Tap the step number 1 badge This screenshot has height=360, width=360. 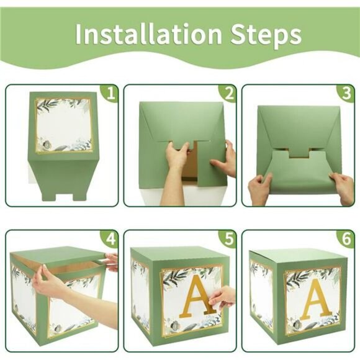(x=111, y=93)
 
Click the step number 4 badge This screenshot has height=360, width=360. (x=111, y=239)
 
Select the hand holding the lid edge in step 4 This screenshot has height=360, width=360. (x=110, y=261)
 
